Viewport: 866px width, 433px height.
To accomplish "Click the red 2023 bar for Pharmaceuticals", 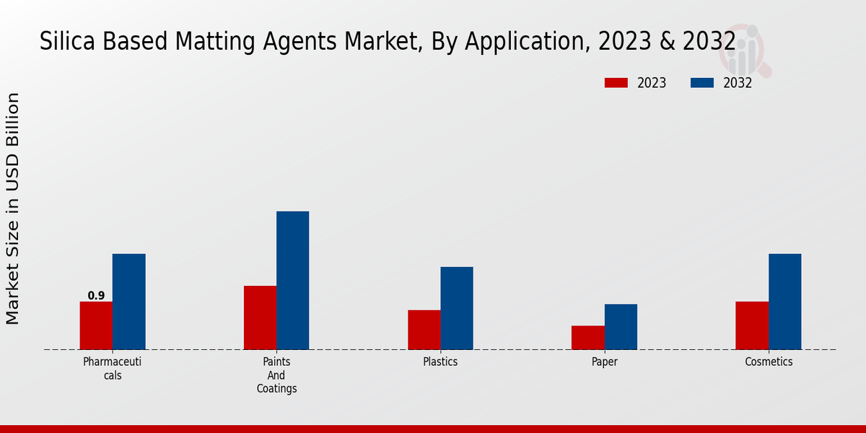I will click(96, 325).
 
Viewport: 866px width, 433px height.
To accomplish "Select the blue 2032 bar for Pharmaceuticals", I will click(128, 302).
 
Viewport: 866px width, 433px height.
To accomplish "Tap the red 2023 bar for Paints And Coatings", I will click(260, 318).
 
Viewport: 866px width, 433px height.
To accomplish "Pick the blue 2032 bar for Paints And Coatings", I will click(292, 281).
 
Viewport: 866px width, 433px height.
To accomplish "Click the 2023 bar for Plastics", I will click(424, 330).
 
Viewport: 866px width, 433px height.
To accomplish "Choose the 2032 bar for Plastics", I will click(457, 308).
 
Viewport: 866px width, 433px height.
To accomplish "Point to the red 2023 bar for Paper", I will click(587, 338).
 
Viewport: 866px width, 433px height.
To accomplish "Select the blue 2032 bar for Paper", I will click(621, 327).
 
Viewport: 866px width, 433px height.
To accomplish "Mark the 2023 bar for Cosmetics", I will click(751, 325).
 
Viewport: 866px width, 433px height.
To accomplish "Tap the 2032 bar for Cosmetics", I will click(784, 302).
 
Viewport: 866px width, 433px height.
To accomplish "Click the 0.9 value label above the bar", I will click(96, 296).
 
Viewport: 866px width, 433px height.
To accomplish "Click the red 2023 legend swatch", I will click(616, 83).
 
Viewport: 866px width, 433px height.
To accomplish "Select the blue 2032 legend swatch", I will click(702, 83).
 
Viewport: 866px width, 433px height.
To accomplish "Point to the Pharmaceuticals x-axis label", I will click(112, 368).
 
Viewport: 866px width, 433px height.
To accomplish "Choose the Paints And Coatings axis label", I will click(276, 375).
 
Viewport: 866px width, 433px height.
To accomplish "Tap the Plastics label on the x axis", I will click(440, 362).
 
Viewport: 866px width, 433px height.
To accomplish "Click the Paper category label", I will click(605, 362).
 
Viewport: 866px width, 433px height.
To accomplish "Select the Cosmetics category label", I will click(769, 362).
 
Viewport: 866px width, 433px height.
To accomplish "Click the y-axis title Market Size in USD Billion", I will click(13, 209).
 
